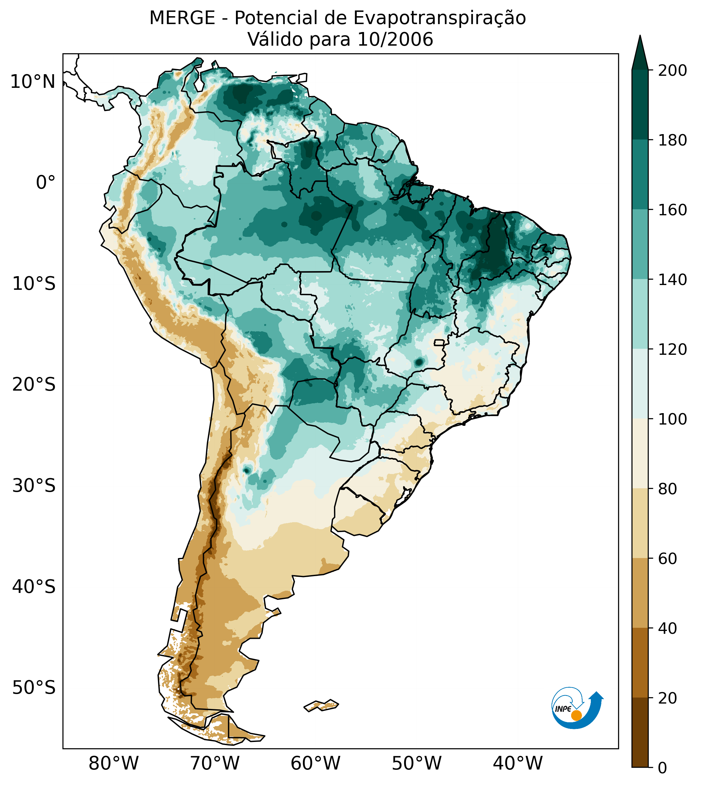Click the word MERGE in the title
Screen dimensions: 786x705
pyautogui.click(x=182, y=18)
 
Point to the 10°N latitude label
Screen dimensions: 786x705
pyautogui.click(x=33, y=82)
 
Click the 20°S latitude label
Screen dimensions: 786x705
pyautogui.click(x=34, y=385)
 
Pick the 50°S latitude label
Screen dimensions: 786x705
pyautogui.click(x=34, y=688)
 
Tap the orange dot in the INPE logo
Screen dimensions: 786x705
pyautogui.click(x=576, y=715)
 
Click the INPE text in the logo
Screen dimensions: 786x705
pyautogui.click(x=563, y=709)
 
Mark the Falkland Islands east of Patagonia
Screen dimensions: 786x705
pyautogui.click(x=322, y=705)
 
